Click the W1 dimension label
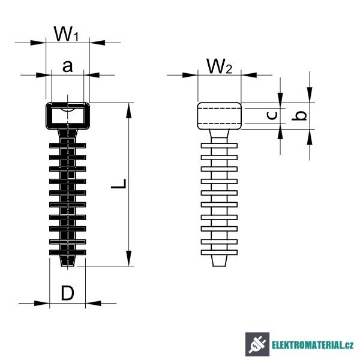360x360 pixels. [x=67, y=34]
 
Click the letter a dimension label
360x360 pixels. [x=68, y=66]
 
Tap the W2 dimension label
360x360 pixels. [x=219, y=67]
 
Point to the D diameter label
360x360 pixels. [x=68, y=293]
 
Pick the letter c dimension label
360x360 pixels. [x=272, y=116]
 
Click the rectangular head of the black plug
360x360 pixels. [x=67, y=115]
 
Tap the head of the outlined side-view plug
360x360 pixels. [x=219, y=115]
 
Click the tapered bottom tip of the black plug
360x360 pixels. [x=67, y=262]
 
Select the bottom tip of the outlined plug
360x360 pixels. [x=219, y=261]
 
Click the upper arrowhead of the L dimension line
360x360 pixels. [x=128, y=109]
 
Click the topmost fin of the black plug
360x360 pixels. [x=67, y=145]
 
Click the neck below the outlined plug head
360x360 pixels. [x=219, y=134]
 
